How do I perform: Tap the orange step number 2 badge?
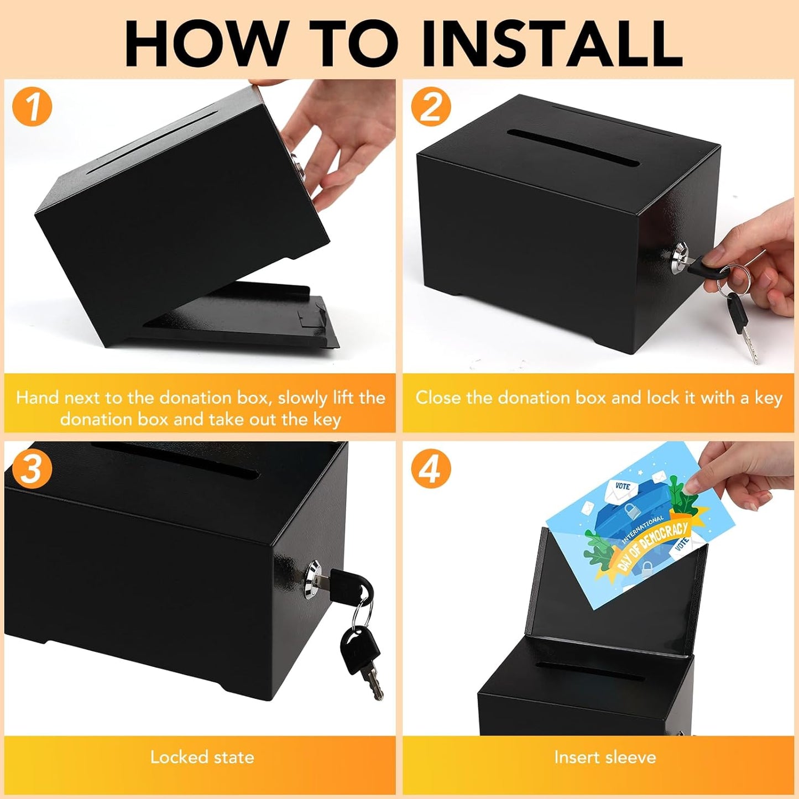click(431, 107)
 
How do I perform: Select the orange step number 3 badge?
click(32, 469)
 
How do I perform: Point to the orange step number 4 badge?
click(431, 469)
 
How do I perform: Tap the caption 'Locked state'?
click(202, 757)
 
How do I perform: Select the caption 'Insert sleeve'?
click(605, 757)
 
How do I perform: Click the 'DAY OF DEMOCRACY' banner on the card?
click(652, 545)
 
